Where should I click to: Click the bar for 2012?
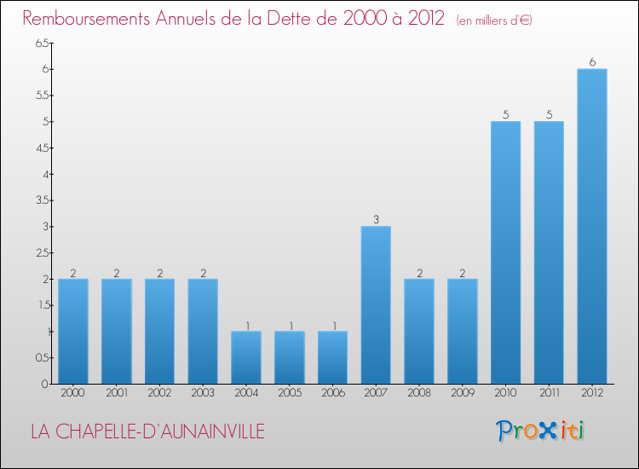592,226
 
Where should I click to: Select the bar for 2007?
376,304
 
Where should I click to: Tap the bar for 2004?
246,357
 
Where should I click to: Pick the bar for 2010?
505,252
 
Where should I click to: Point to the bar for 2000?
73,331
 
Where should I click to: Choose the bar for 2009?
463,331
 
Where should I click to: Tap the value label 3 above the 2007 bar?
376,220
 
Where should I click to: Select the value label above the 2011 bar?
549,115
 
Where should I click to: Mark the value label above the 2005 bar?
290,325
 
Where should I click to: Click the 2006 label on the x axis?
332,394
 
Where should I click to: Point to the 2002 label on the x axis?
159,394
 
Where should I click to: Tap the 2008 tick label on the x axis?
419,394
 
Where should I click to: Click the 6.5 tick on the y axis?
42,43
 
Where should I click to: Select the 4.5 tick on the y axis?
42,148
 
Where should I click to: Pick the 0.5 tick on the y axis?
42,357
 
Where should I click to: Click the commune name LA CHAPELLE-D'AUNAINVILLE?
147,432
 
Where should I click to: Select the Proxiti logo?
540,431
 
